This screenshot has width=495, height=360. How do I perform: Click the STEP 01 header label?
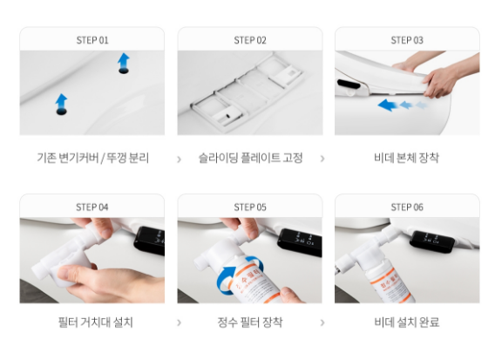pos(92,40)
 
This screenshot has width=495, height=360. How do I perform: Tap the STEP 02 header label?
pos(249,40)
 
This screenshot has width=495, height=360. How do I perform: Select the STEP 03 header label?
pos(407,40)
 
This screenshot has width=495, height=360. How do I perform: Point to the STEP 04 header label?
pos(92,207)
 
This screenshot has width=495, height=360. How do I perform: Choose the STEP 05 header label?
pos(249,207)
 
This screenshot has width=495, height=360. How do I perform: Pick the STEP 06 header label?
pos(407,207)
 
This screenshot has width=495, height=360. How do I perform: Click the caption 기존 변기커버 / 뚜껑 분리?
pos(92,159)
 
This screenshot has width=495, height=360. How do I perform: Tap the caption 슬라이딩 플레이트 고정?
pos(250,159)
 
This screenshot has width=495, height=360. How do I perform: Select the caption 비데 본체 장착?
pos(407,159)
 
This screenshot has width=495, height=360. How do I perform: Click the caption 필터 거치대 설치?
pos(92,323)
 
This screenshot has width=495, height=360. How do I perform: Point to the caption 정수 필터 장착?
pos(250,323)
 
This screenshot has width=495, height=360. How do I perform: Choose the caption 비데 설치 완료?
pos(407,323)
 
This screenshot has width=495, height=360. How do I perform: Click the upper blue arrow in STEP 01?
pos(124,61)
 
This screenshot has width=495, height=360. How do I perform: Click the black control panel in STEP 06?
pos(435,241)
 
